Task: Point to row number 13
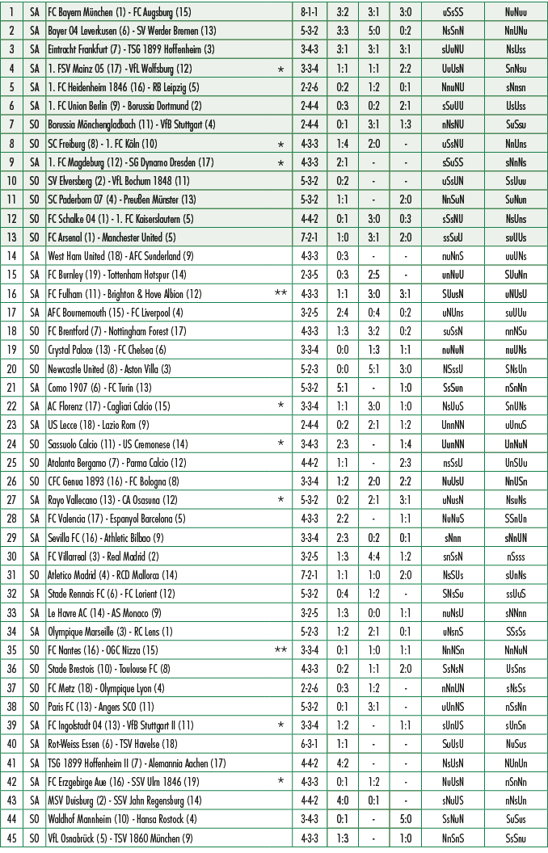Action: click(x=12, y=237)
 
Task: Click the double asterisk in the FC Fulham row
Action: click(x=280, y=293)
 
